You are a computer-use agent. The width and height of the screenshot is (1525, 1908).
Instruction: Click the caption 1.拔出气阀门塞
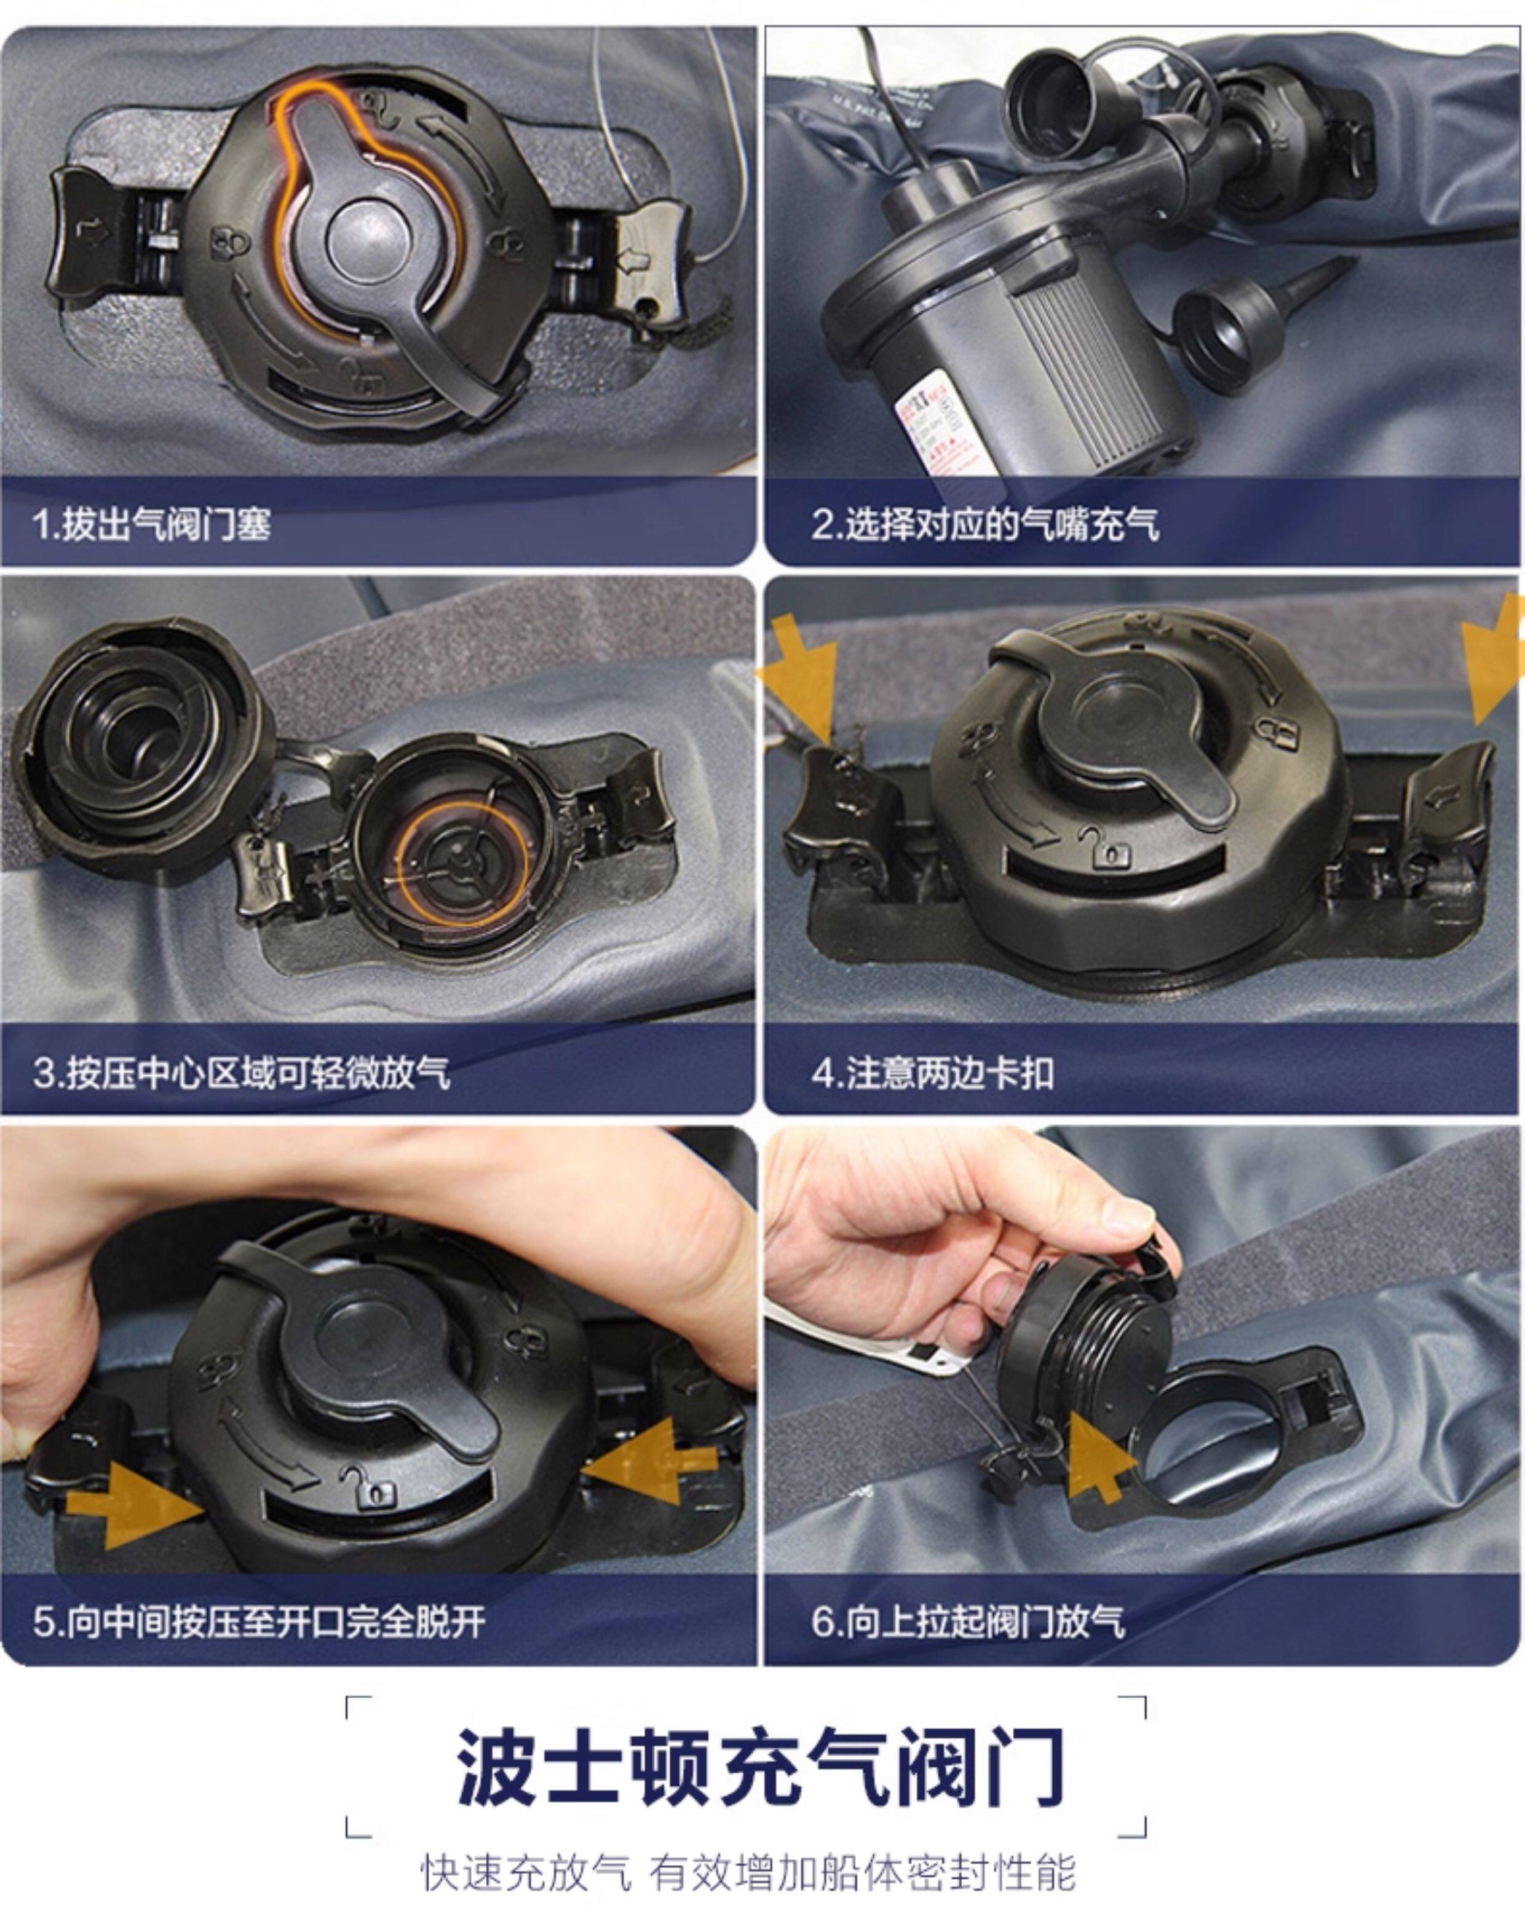coord(151,523)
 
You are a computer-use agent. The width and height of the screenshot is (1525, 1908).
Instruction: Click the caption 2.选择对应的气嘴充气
coord(985,523)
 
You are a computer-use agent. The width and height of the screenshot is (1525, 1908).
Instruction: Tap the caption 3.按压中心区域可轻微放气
coord(242,1073)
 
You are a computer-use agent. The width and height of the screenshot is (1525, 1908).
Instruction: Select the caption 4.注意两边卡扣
coord(933,1073)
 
